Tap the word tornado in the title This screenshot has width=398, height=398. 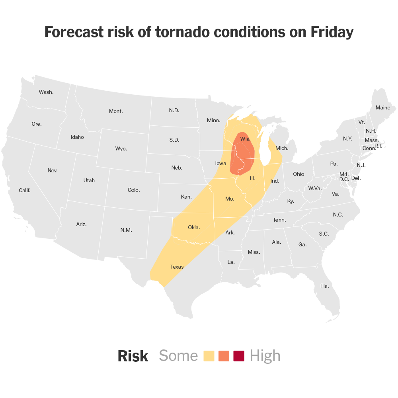(174, 32)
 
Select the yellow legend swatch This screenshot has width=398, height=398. (209, 356)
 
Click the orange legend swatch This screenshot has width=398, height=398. (224, 356)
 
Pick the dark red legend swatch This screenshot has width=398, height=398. (239, 356)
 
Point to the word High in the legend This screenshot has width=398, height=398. (265, 356)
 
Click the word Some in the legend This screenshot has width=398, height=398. (178, 356)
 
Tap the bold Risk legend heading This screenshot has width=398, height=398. (133, 356)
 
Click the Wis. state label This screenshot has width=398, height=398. (245, 139)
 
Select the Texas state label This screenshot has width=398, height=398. (177, 267)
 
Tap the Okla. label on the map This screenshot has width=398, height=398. (194, 228)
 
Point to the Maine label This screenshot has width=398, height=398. (383, 107)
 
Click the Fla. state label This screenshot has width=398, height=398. (324, 286)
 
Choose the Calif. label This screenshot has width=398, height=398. (25, 190)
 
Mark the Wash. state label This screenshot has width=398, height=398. (46, 92)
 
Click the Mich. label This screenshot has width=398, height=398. (282, 148)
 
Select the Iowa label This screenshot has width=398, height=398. (220, 163)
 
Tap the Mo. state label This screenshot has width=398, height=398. (230, 199)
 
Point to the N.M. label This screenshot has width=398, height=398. (126, 230)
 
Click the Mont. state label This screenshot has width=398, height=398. (116, 111)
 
